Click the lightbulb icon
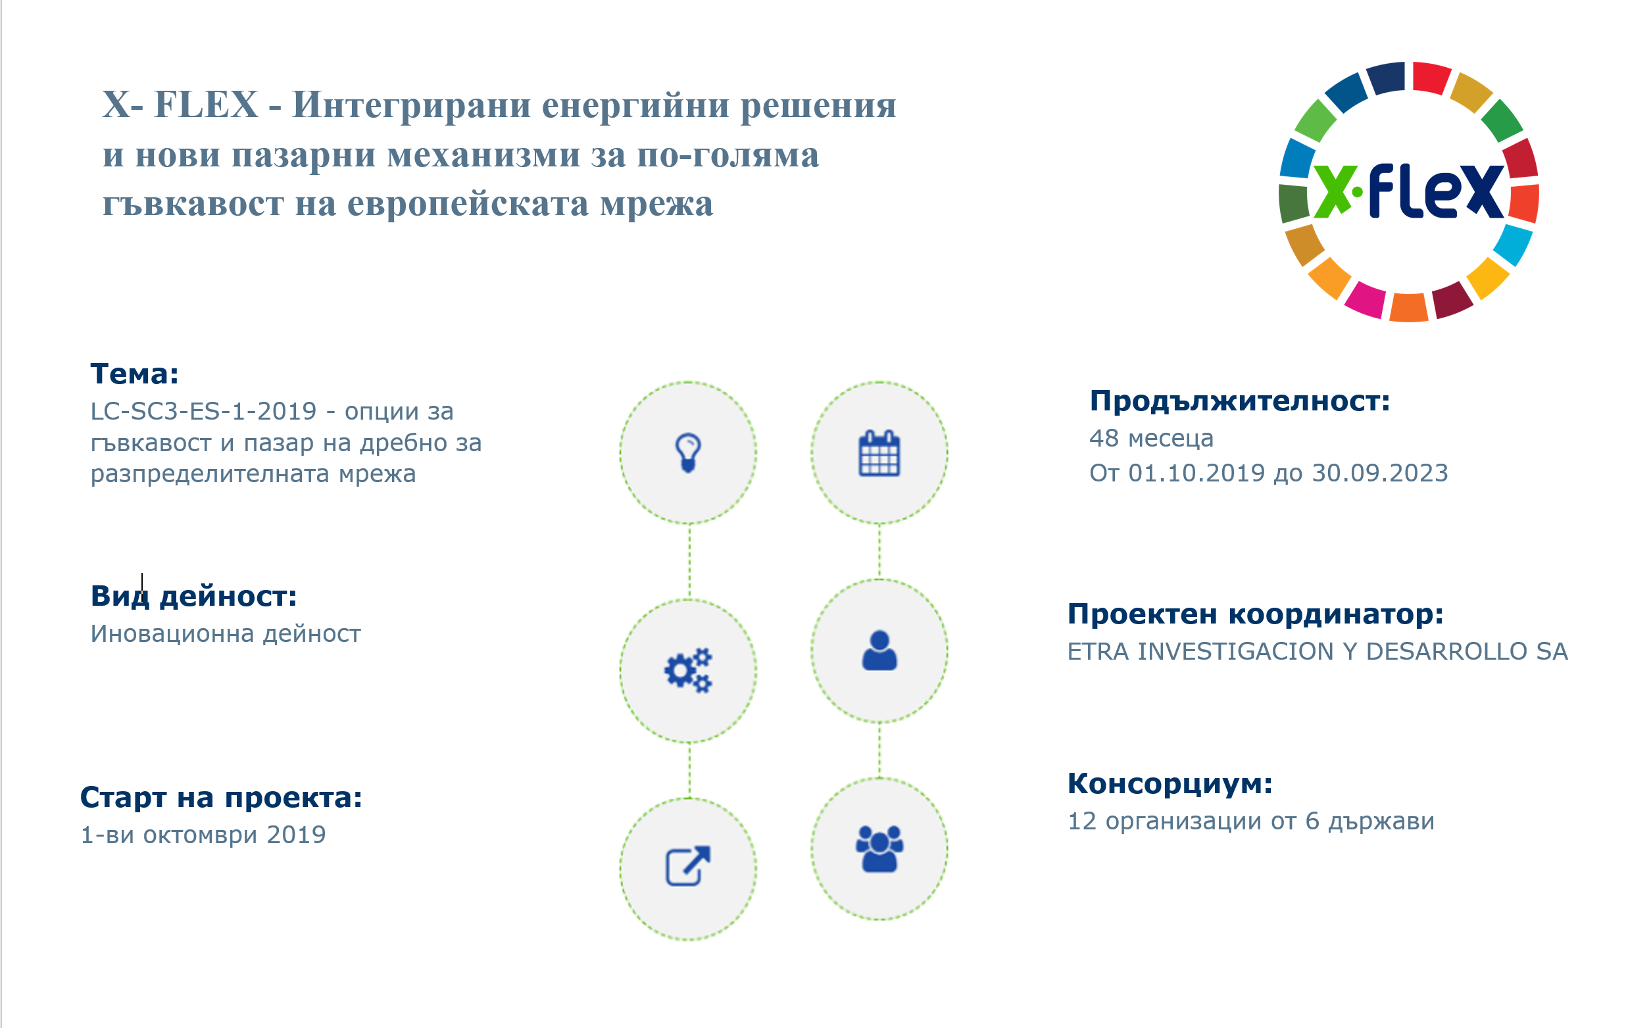tap(688, 453)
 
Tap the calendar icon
tap(879, 453)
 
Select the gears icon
tap(688, 670)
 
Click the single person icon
tap(879, 650)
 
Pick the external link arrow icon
tap(688, 866)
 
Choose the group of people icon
tap(879, 848)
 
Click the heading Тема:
tap(135, 374)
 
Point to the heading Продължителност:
tap(1240, 401)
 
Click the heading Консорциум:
tap(1170, 784)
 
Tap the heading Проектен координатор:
tap(1255, 614)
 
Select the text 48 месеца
tap(1151, 439)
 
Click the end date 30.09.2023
tap(1380, 473)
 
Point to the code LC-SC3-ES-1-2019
tap(204, 411)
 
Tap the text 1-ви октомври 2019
tap(203, 835)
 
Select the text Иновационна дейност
tap(226, 633)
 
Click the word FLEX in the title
tap(207, 105)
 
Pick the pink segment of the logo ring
tap(1365, 300)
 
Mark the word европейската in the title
tap(468, 203)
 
